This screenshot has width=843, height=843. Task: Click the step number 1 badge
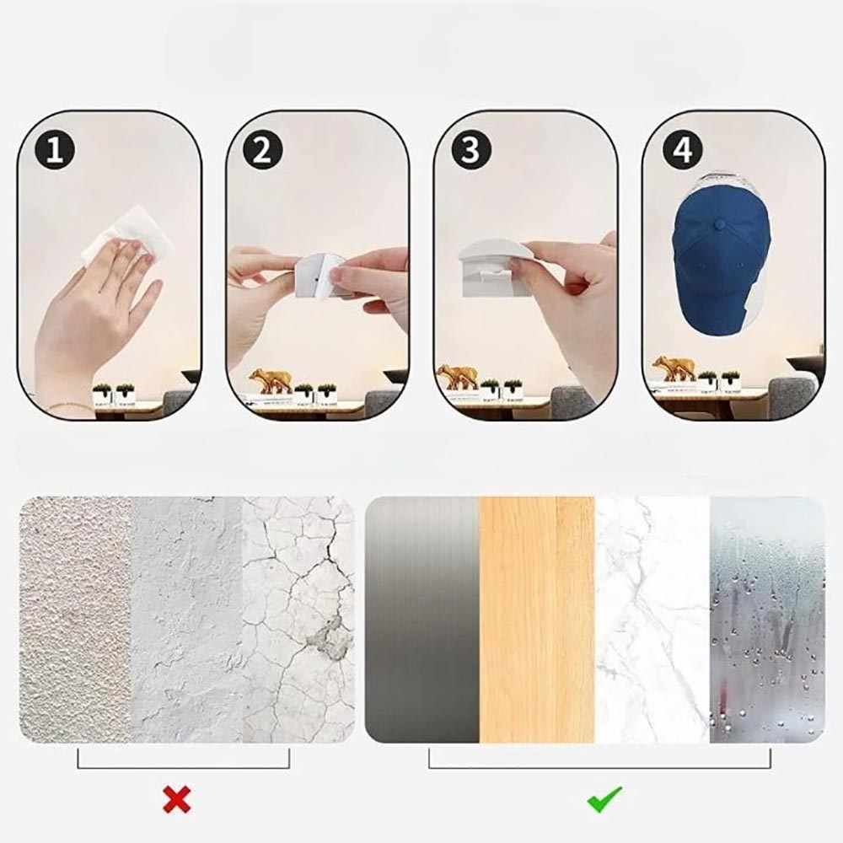(x=54, y=150)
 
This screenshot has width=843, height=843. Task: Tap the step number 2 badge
(x=262, y=150)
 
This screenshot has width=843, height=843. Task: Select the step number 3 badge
(x=471, y=150)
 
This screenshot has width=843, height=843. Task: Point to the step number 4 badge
(x=683, y=150)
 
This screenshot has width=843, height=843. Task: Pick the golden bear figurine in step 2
(x=271, y=380)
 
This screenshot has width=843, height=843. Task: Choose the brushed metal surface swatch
(x=422, y=620)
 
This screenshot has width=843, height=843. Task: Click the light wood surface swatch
(x=537, y=620)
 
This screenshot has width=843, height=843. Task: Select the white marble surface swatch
(x=652, y=620)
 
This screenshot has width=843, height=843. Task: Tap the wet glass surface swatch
(x=767, y=620)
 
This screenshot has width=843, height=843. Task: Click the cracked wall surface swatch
(x=298, y=620)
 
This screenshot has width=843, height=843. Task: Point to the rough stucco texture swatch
(x=75, y=620)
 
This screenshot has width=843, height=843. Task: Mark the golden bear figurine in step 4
(x=674, y=368)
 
